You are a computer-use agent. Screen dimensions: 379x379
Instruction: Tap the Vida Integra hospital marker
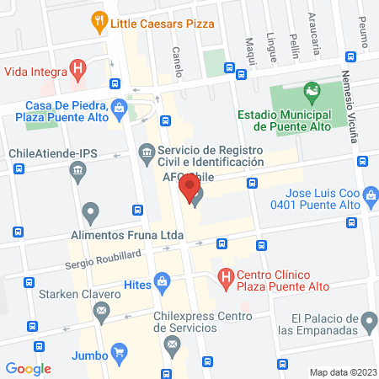(78, 68)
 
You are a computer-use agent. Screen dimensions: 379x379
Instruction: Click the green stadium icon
(312, 90)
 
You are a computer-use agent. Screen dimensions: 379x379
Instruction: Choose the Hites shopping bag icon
(162, 284)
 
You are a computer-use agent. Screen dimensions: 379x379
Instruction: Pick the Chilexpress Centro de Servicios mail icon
(173, 344)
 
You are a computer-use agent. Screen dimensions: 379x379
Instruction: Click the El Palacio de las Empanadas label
(332, 324)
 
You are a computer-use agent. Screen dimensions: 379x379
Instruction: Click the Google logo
(29, 368)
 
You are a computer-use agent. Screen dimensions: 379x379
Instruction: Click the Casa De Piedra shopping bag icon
(120, 107)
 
